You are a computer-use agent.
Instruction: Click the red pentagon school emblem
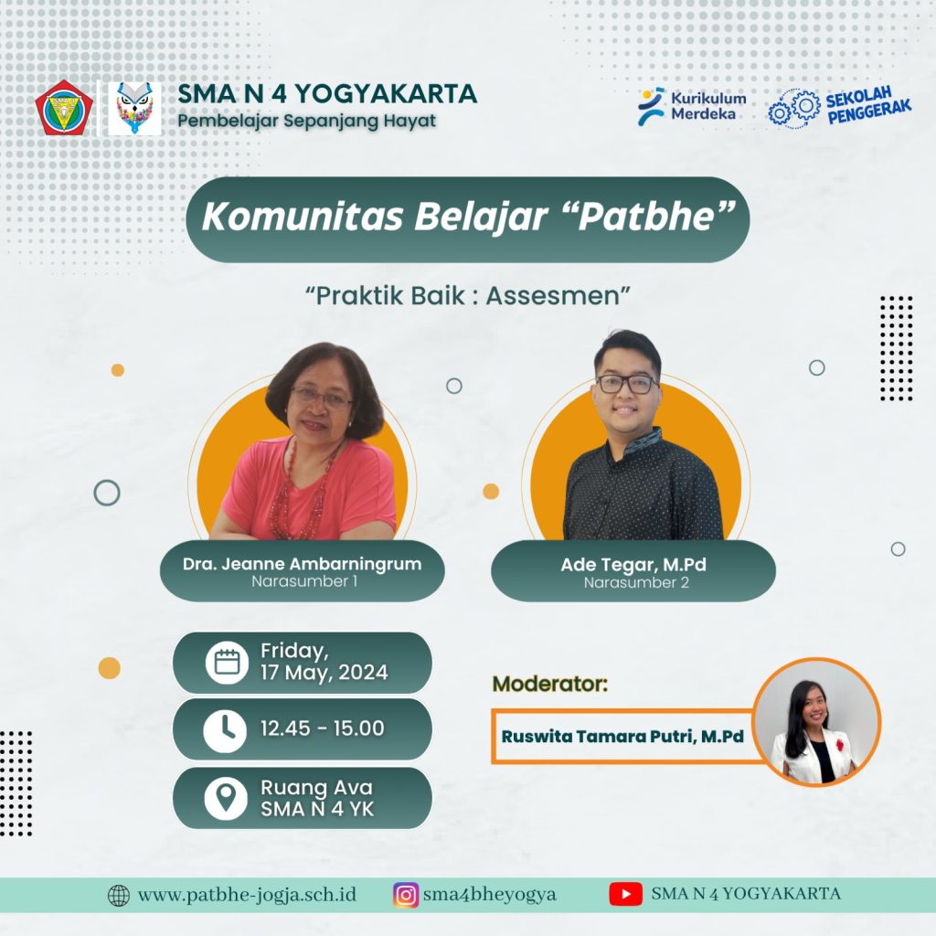click(64, 108)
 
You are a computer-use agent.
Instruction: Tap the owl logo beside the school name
click(135, 108)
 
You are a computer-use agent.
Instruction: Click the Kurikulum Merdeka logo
click(692, 107)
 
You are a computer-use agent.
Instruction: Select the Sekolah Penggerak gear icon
click(794, 108)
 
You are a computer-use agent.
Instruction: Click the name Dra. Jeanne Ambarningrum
click(302, 563)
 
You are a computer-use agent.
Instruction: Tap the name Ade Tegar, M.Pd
click(633, 564)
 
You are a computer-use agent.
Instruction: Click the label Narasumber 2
click(636, 582)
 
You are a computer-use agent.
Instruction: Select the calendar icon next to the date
click(227, 663)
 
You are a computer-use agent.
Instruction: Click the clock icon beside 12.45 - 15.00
click(225, 730)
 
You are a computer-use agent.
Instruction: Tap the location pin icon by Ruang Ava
click(226, 798)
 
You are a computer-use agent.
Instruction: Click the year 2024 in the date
click(363, 673)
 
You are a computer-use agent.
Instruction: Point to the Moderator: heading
click(549, 684)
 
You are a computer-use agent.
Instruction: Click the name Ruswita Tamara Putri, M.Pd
click(622, 737)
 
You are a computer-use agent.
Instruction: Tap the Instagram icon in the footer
click(406, 895)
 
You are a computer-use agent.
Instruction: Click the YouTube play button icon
click(625, 894)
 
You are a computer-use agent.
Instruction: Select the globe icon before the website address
click(118, 896)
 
